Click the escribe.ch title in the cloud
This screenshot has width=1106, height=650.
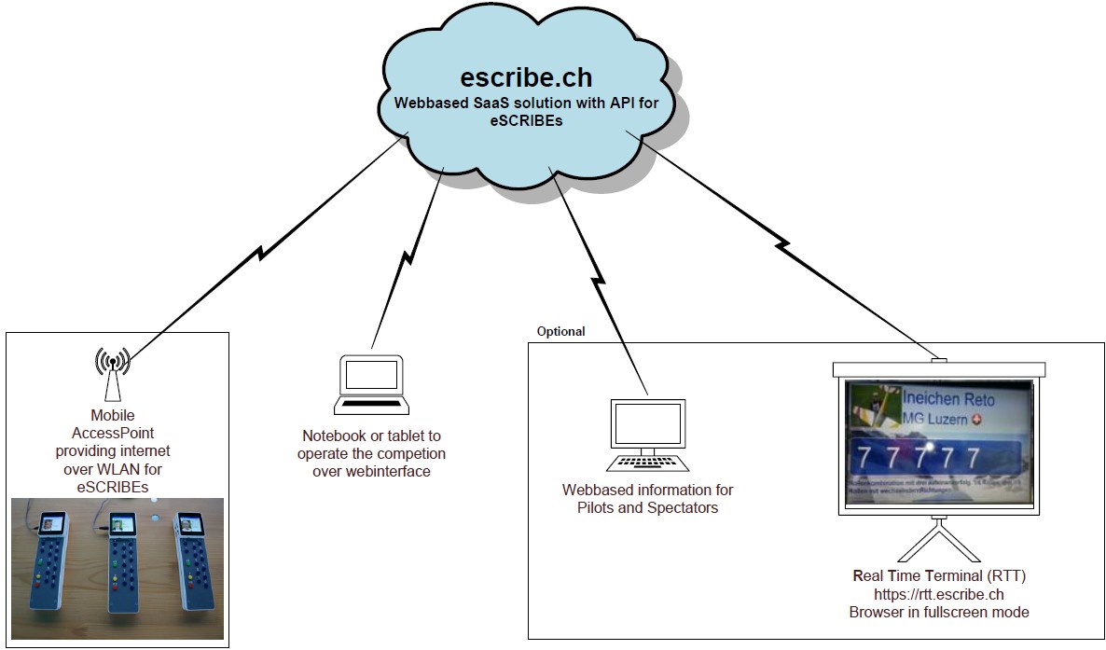tap(526, 76)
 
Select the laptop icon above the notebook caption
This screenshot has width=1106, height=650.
tap(371, 384)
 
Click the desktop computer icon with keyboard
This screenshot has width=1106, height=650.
tap(647, 435)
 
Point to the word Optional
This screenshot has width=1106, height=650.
tap(561, 331)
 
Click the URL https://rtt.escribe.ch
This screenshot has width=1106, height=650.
tap(938, 594)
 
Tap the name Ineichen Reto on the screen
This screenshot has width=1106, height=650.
tap(948, 400)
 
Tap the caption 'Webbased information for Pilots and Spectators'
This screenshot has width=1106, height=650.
tap(647, 499)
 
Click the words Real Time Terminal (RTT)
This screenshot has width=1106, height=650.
tap(938, 575)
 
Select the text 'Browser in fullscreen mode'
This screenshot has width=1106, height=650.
tap(938, 613)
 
